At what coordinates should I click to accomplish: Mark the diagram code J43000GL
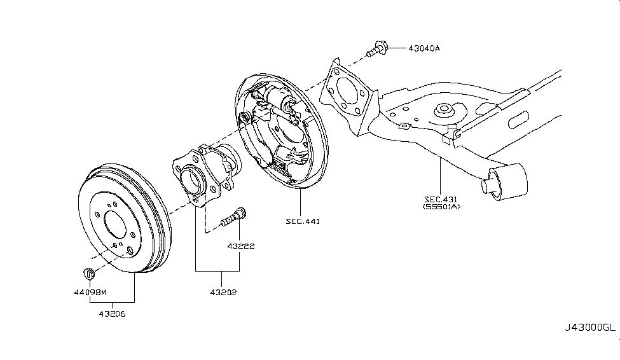click(x=589, y=328)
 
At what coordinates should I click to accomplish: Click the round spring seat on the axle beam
click(x=443, y=112)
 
